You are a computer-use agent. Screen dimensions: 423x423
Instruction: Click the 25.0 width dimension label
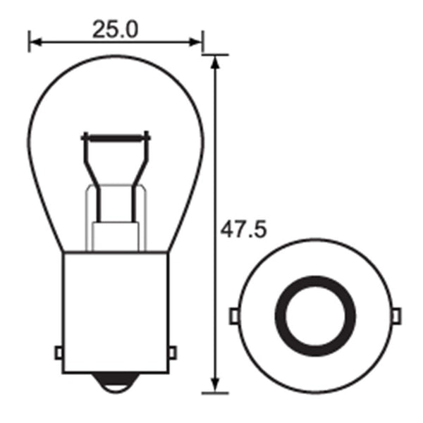point(116,29)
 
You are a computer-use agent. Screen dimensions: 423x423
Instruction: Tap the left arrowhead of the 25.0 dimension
point(34,43)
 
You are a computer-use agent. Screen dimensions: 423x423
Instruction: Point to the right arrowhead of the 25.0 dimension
point(197,43)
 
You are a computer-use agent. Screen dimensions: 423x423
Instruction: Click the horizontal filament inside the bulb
point(116,136)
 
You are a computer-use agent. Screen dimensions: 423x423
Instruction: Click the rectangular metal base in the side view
point(116,310)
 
